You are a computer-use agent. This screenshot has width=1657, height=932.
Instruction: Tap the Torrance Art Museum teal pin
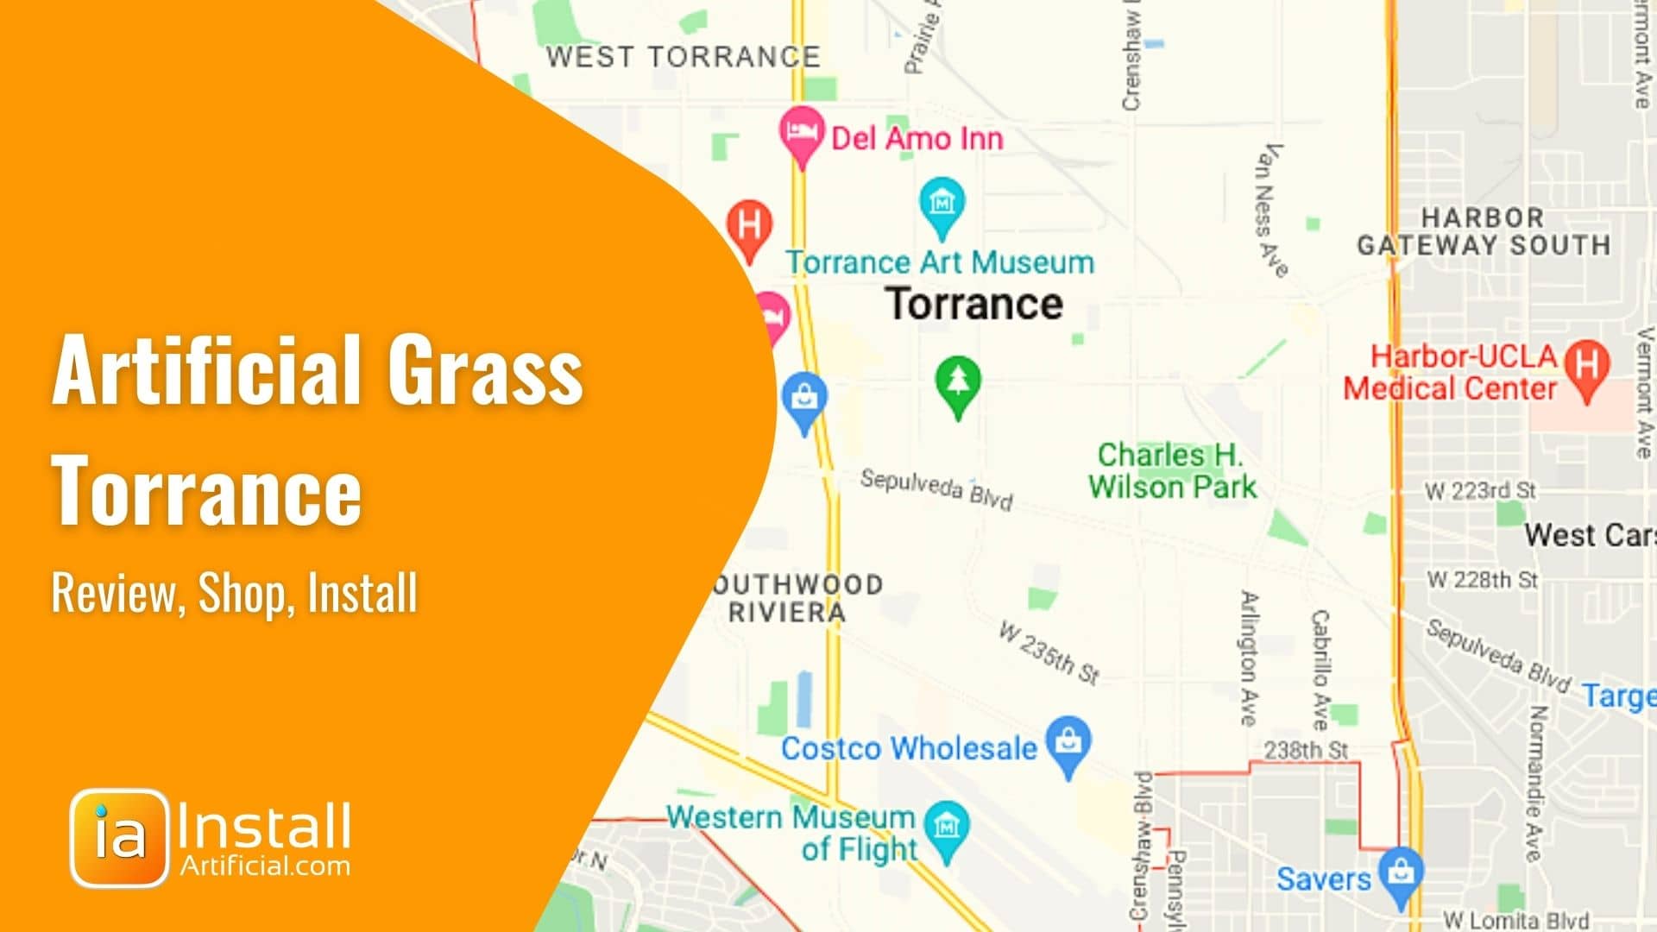click(x=942, y=205)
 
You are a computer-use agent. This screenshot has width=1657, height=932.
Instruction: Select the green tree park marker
click(x=957, y=384)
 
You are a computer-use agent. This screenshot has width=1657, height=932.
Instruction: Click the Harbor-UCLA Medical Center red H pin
click(x=1586, y=366)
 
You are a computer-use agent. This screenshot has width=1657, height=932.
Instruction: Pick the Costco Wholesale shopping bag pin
click(x=1068, y=742)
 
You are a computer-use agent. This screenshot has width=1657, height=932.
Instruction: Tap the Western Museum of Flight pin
click(x=947, y=828)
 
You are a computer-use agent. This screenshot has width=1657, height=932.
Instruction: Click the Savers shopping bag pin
click(x=1401, y=873)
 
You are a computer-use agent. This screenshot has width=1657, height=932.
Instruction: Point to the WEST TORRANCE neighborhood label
click(x=683, y=57)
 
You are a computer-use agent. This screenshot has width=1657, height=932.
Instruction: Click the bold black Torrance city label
click(x=974, y=304)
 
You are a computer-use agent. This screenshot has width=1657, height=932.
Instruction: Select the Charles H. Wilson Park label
click(x=1172, y=471)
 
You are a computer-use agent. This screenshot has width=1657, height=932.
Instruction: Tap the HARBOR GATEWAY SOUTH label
click(x=1483, y=231)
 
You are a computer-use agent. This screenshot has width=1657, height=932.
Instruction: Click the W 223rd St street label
click(x=1480, y=491)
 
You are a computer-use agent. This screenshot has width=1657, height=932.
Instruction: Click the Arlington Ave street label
click(x=1249, y=658)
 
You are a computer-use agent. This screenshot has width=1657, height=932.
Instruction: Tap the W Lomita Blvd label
click(x=1515, y=920)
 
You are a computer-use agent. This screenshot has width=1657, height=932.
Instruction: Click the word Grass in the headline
click(x=485, y=371)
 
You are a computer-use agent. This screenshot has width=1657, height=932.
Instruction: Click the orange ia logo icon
click(x=119, y=837)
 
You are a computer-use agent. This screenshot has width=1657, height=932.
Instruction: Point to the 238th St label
click(x=1305, y=751)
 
